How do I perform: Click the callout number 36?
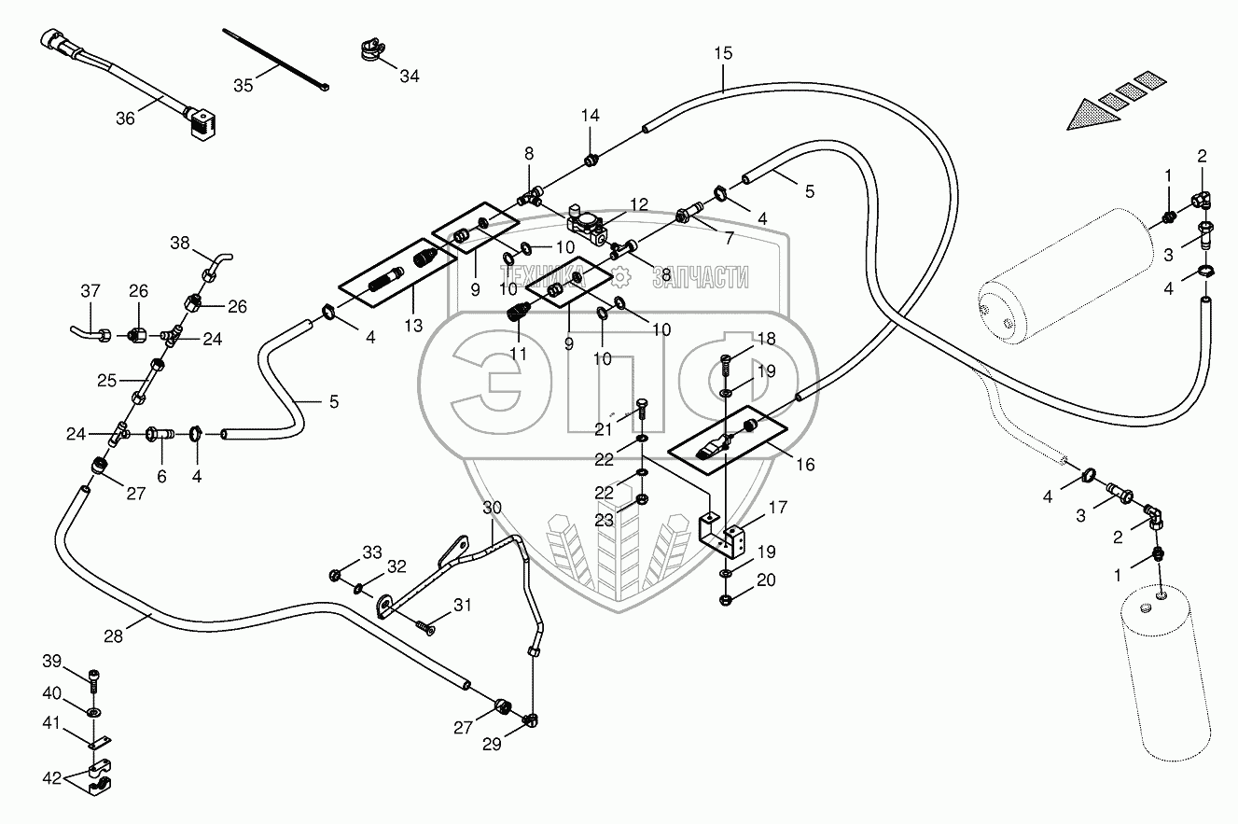[125, 119]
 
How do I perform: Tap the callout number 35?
[243, 86]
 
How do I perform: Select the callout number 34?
[410, 77]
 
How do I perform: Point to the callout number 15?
[724, 53]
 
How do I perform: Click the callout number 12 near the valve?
[638, 204]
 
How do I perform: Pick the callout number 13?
[414, 326]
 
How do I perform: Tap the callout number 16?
[804, 464]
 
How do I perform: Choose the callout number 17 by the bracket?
[778, 508]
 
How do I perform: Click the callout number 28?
[113, 636]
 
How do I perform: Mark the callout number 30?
[493, 508]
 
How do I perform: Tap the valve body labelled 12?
[587, 225]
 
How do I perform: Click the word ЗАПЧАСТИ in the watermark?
[701, 275]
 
